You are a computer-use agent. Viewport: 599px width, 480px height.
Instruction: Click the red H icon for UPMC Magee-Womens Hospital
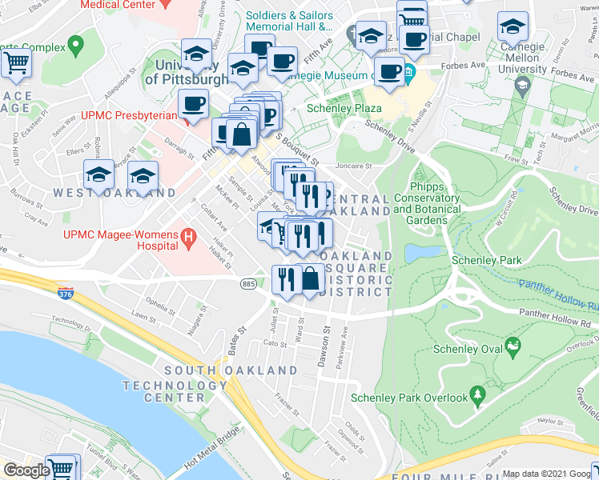tap(188, 237)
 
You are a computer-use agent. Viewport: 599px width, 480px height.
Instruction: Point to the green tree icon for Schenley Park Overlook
tap(478, 394)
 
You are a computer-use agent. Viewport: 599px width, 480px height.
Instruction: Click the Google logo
tap(26, 470)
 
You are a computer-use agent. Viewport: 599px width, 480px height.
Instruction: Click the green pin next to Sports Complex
tap(76, 43)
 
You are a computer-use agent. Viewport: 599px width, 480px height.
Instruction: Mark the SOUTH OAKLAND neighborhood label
tap(219, 370)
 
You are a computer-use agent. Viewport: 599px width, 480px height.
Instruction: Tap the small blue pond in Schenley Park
tap(420, 254)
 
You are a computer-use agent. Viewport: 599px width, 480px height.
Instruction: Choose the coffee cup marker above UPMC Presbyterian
tap(192, 102)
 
